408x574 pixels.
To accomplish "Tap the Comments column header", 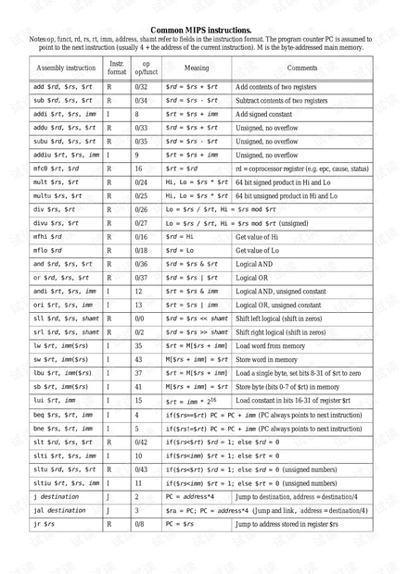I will click(301, 69).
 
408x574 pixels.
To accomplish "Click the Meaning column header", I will click(197, 69).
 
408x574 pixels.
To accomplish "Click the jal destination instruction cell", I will click(59, 510).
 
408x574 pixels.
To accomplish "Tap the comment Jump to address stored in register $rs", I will click(292, 524).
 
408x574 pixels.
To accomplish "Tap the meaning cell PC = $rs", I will click(181, 524).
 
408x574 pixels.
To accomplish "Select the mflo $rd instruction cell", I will click(48, 250).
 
